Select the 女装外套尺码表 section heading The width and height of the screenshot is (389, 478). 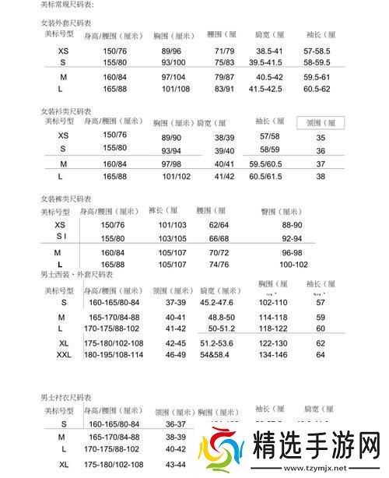68,23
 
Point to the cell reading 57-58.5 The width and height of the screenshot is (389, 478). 317,51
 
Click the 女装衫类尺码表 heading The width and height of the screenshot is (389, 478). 68,111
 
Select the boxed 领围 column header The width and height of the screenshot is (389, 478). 320,123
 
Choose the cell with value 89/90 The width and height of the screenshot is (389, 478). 171,137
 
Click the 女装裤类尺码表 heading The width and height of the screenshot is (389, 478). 68,199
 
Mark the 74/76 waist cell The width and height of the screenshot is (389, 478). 219,265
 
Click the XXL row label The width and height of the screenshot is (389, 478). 64,355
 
